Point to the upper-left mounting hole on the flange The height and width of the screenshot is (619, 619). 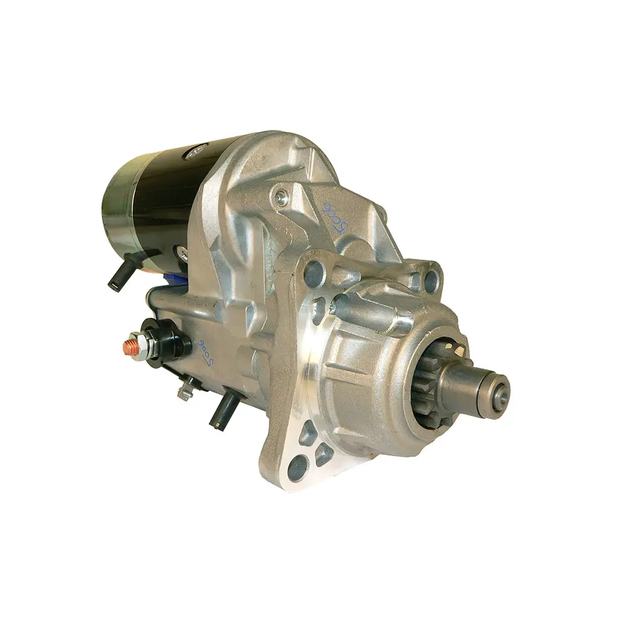tap(315, 271)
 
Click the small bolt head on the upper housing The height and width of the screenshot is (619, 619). tap(282, 197)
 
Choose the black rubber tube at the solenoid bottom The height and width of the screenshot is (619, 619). tap(222, 410)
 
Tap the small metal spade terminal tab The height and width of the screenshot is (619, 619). tap(184, 392)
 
